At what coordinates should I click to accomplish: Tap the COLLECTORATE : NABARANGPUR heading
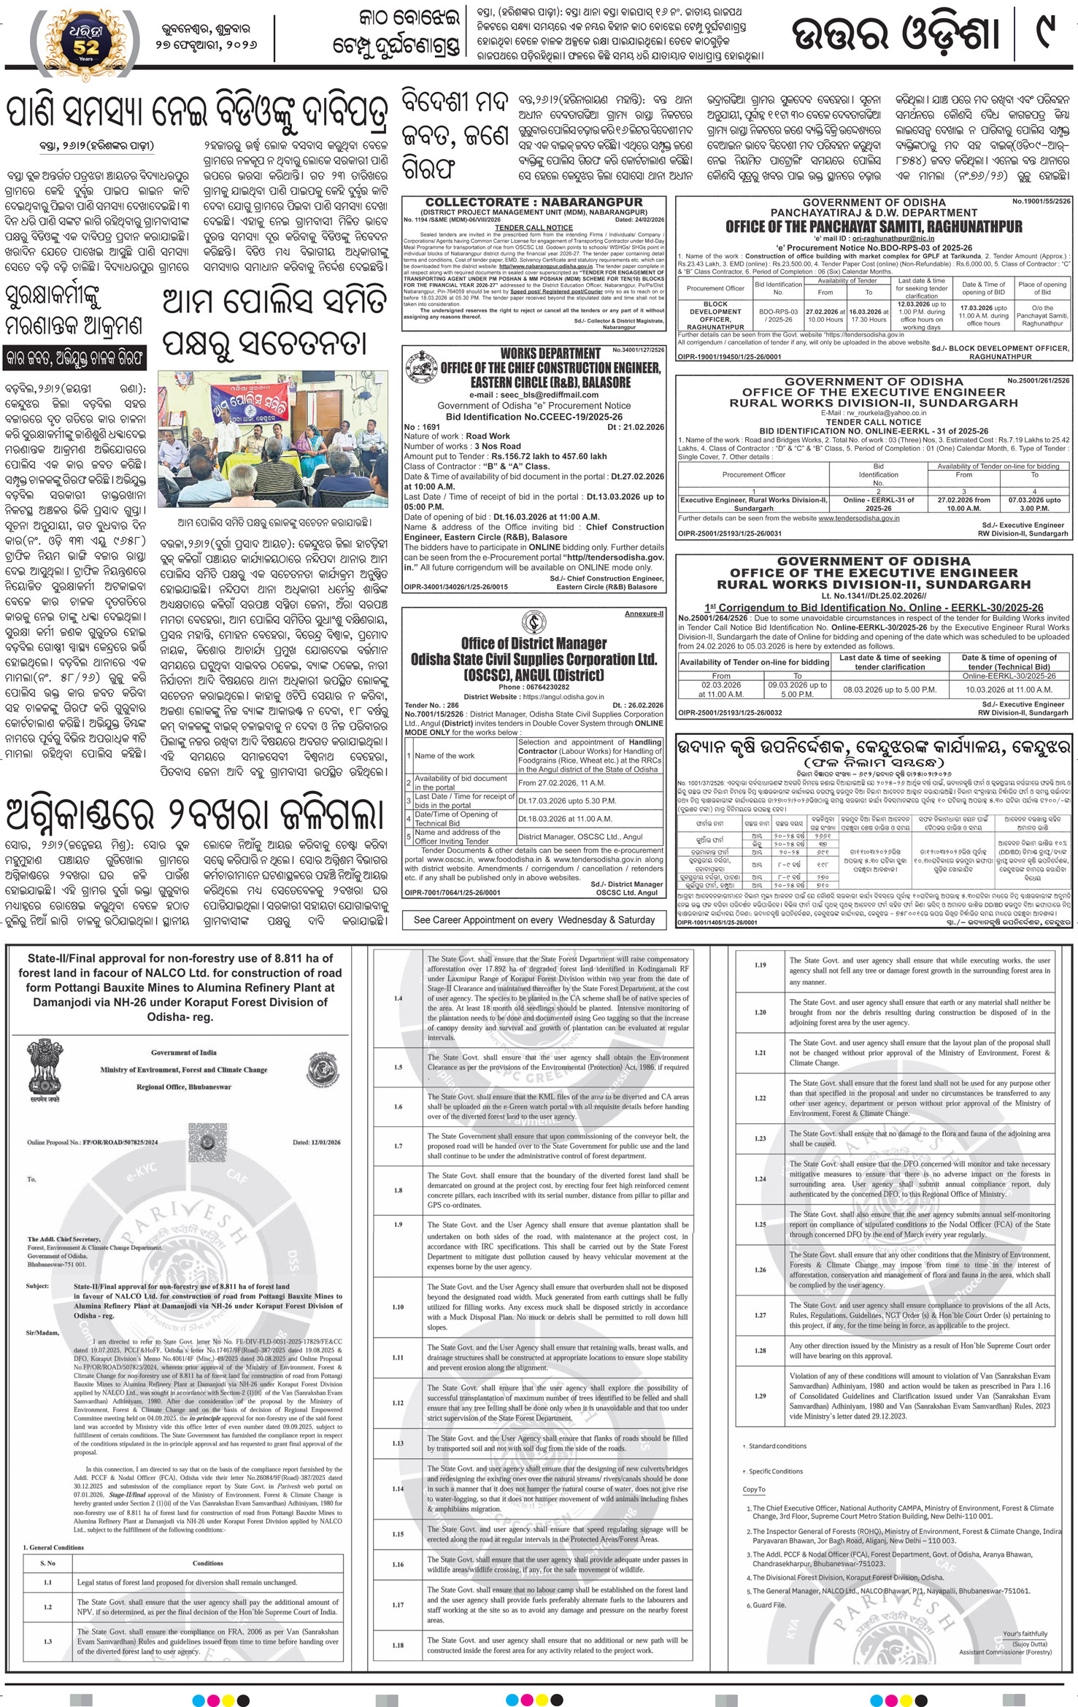click(x=534, y=202)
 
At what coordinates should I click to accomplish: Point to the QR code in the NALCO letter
click(x=207, y=1137)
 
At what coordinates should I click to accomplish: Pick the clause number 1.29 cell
click(x=761, y=885)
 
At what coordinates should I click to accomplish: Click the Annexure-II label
click(x=644, y=614)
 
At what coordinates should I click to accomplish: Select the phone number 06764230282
click(x=534, y=687)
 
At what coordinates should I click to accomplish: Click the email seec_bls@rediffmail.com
click(x=534, y=395)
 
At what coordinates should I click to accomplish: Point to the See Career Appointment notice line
click(x=534, y=920)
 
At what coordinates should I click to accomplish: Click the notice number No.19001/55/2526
click(x=1040, y=200)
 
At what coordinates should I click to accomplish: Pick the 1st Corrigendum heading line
click(x=874, y=607)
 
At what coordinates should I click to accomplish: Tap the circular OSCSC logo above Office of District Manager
click(x=533, y=623)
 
